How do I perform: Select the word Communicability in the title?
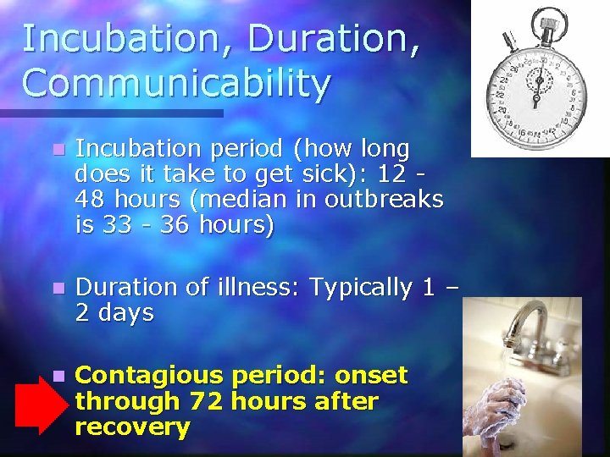(x=176, y=83)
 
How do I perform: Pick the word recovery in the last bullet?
(x=132, y=427)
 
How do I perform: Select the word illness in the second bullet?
(x=258, y=288)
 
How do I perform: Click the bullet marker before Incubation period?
(x=57, y=150)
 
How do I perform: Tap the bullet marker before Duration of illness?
(x=57, y=289)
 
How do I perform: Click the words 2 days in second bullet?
(x=114, y=313)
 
